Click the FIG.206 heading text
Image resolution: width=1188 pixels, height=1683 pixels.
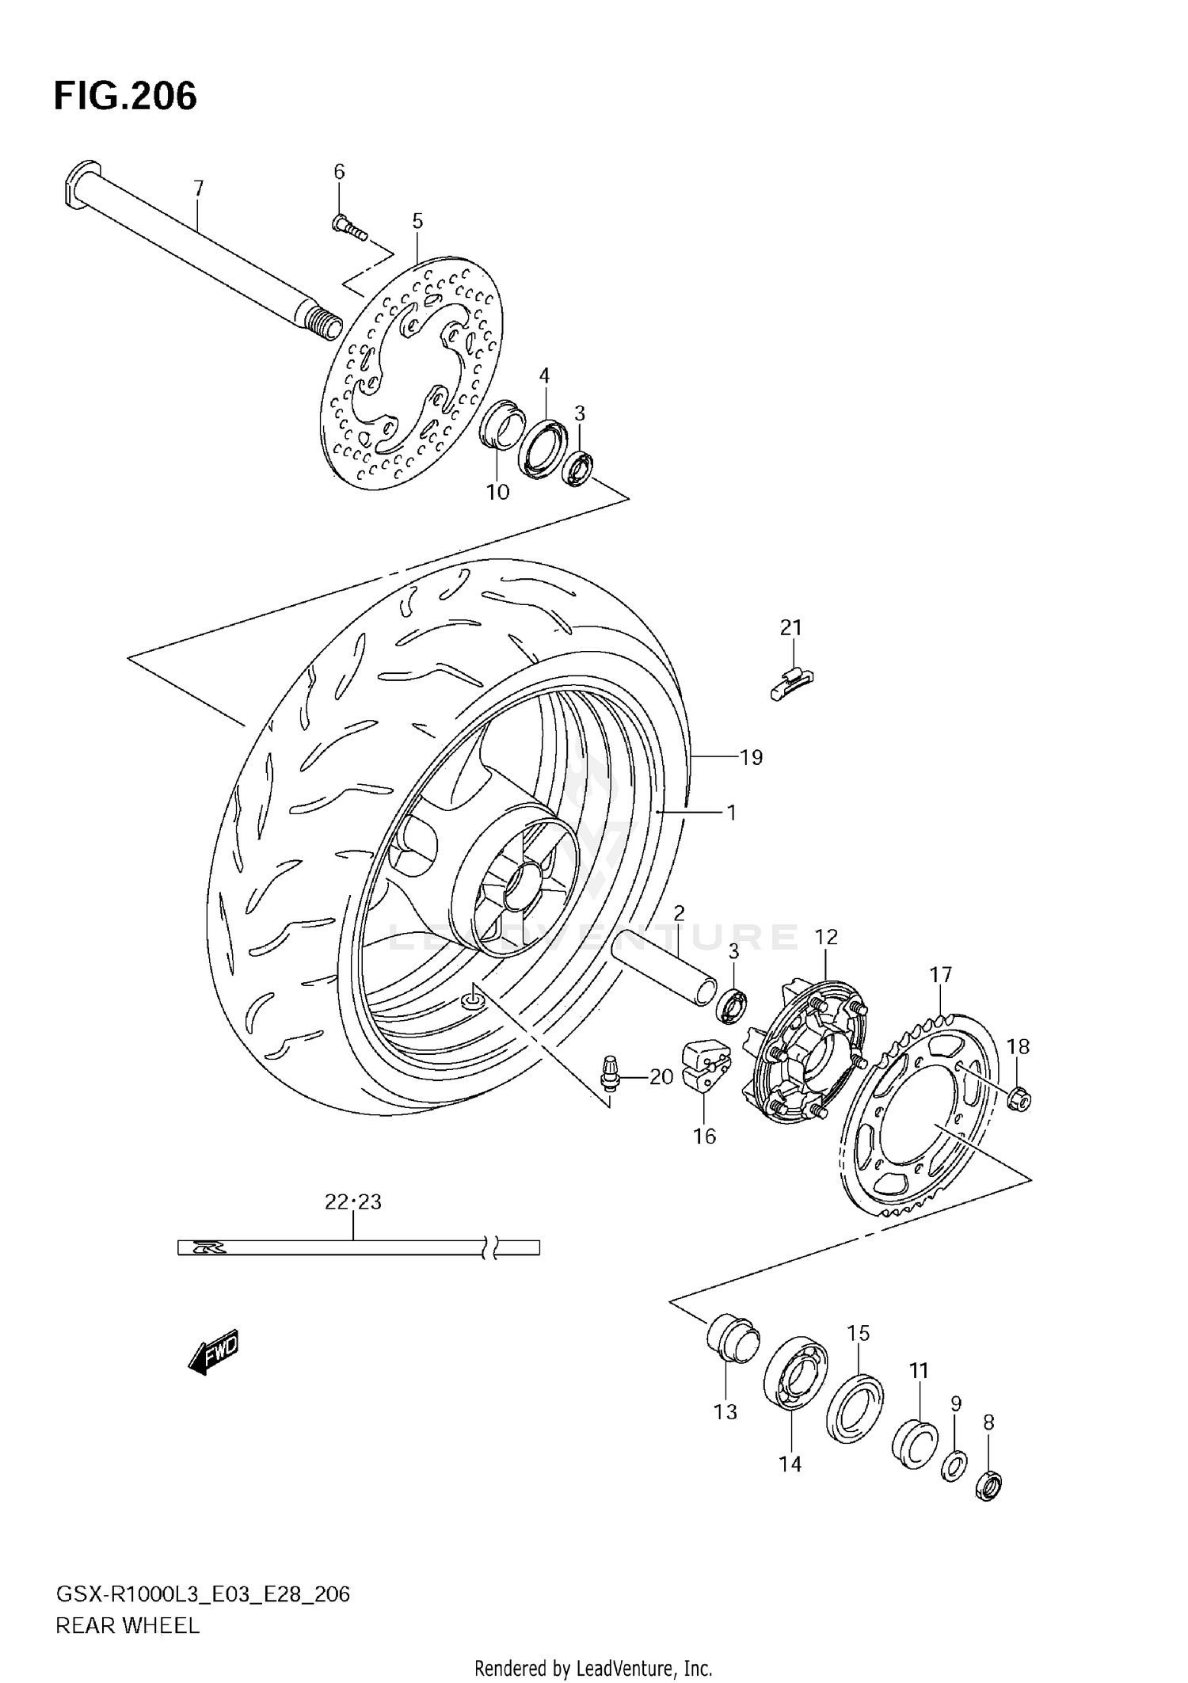pos(125,97)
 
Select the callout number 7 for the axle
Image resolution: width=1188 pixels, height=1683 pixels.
pos(199,188)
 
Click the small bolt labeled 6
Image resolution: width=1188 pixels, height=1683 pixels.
pos(348,228)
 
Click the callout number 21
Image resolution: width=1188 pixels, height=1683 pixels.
pos(790,628)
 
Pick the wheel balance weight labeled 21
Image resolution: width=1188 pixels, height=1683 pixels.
pos(791,682)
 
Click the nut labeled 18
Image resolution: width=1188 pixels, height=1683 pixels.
pos(1019,1098)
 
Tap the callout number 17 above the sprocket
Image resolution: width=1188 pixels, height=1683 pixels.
pos(940,975)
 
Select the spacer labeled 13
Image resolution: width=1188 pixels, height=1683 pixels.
pos(733,1339)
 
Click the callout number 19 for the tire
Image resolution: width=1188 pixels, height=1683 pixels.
pos(751,758)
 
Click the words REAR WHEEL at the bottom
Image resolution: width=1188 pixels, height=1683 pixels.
pos(127,1626)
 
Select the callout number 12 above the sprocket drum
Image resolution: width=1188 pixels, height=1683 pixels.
pos(825,937)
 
